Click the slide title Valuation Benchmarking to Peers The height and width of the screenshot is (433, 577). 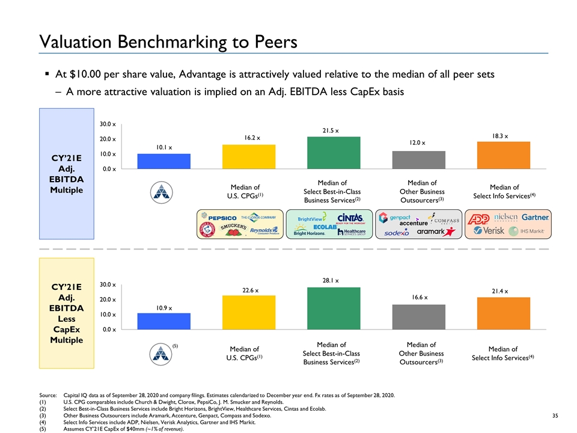[168, 41]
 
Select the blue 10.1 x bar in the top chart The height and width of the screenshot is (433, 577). [163, 162]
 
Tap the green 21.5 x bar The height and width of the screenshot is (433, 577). [334, 153]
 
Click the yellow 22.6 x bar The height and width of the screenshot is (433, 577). [249, 312]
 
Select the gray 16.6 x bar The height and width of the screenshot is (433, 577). [418, 317]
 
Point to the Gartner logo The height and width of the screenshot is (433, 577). [535, 216]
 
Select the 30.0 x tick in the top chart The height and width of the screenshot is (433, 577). [108, 124]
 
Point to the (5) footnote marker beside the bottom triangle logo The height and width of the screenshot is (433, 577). [176, 346]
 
